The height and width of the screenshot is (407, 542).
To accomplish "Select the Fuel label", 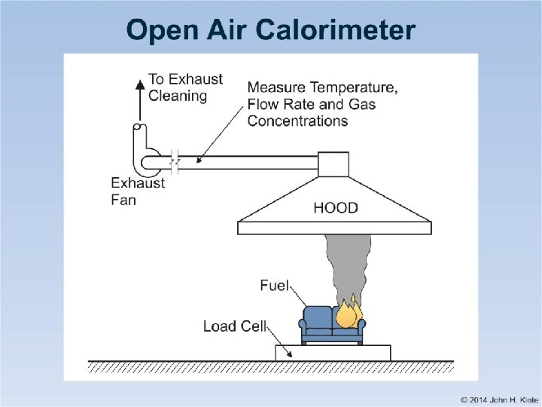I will [x=275, y=286].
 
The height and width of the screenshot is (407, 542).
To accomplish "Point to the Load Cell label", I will [x=235, y=326].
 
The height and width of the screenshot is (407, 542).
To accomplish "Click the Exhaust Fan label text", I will [x=137, y=191].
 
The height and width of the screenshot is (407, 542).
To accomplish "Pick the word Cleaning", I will [x=178, y=96].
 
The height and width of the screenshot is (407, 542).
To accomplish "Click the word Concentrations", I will [x=297, y=121].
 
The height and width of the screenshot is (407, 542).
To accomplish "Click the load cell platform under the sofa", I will [x=333, y=352].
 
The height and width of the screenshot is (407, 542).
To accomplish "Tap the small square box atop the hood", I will [x=333, y=164].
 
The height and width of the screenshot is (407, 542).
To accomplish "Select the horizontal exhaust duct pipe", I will [x=248, y=162].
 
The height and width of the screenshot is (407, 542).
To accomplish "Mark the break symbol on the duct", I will [x=175, y=162].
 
